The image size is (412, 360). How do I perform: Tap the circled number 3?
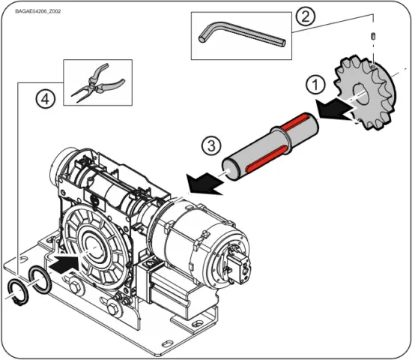[213, 145]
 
